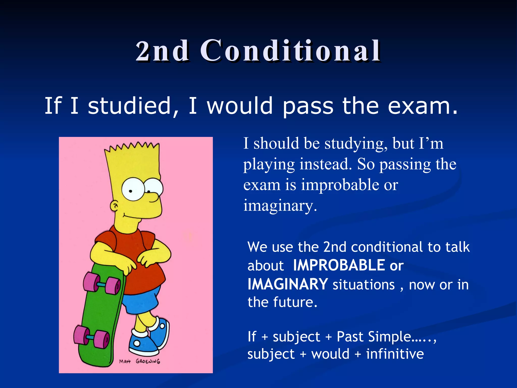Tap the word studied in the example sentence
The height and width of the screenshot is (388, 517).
click(130, 106)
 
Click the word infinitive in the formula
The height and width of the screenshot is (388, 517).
click(395, 354)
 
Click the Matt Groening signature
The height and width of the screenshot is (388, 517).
click(140, 361)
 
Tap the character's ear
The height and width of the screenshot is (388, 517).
click(114, 206)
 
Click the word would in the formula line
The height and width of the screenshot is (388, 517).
click(330, 354)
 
